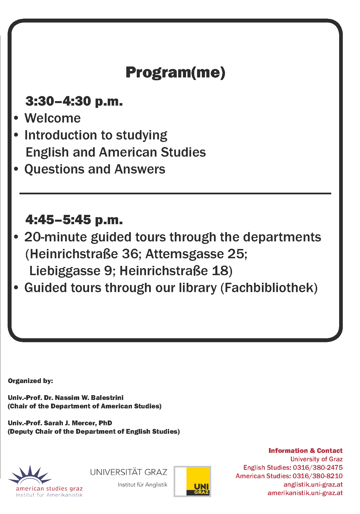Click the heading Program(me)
[x=175, y=72]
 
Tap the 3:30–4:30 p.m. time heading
[x=74, y=101]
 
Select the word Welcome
[x=53, y=118]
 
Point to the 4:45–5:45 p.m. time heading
[x=74, y=220]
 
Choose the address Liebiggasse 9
[x=70, y=271]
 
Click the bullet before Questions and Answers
[x=16, y=169]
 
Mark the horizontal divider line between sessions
[x=175, y=193]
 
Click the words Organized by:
[x=30, y=381]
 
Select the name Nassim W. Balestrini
[x=89, y=398]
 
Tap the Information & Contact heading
[x=305, y=451]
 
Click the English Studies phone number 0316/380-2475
[x=318, y=468]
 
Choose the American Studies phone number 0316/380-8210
[x=318, y=476]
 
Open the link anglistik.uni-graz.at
[x=313, y=484]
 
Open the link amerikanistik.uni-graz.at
[x=305, y=493]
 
